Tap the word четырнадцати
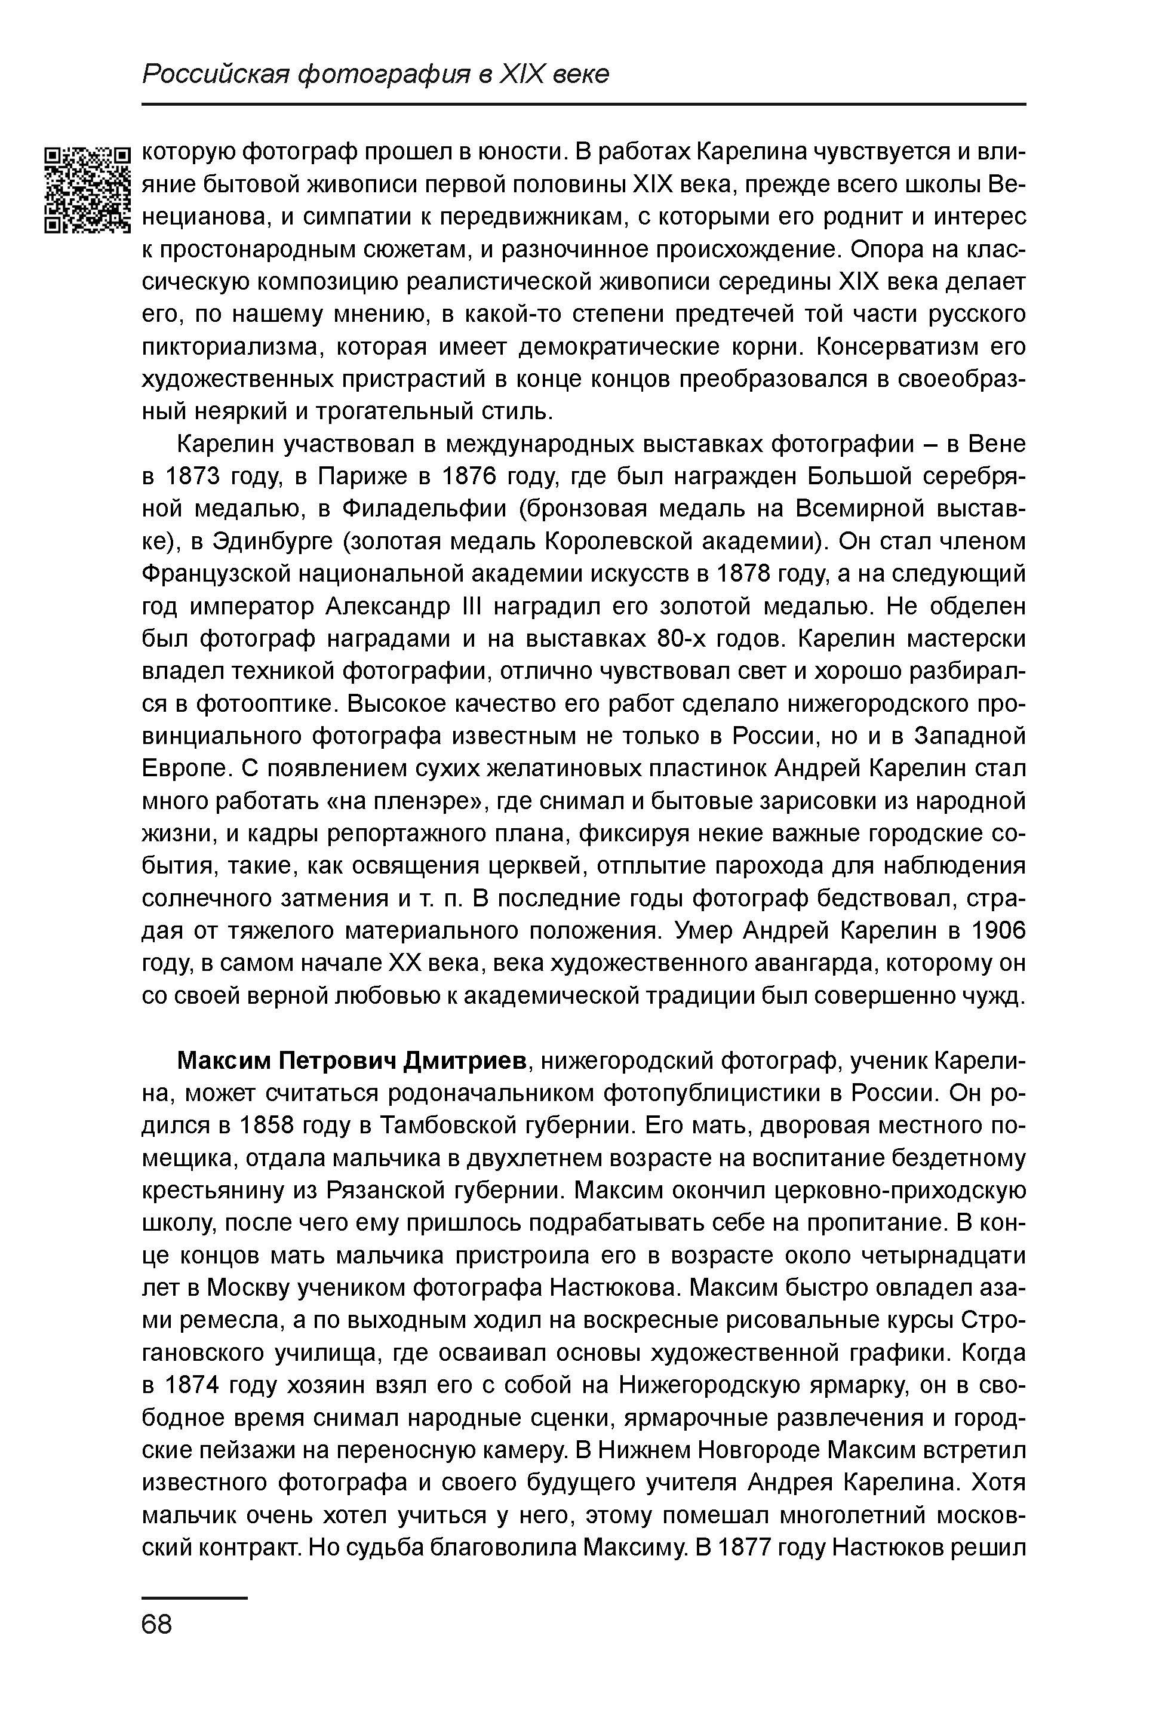(x=943, y=1256)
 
